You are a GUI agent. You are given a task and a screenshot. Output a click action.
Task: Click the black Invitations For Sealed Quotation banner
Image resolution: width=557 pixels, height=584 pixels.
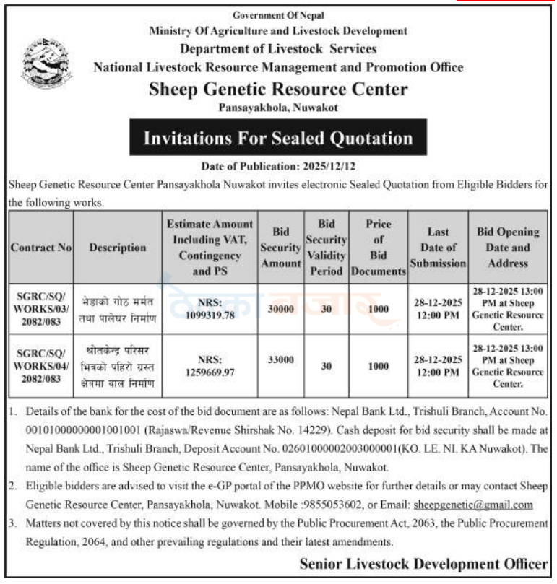coord(278,138)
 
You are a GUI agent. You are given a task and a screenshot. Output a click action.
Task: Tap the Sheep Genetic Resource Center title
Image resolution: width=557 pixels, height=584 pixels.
coord(278,90)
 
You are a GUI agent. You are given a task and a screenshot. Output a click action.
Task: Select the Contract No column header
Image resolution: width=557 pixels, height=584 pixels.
coord(41,248)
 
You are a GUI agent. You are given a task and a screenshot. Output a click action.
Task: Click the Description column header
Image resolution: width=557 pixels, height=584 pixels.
coord(118,248)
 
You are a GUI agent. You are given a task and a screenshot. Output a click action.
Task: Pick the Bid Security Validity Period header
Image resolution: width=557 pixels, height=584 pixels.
coord(326,248)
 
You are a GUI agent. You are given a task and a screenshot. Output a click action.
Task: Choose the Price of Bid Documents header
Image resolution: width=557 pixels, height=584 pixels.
coord(378,248)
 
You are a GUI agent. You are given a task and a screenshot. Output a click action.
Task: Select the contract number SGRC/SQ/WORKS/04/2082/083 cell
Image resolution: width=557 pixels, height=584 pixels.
coord(41,365)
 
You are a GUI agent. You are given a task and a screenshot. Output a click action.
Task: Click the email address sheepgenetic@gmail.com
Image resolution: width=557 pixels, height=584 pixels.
coord(472,505)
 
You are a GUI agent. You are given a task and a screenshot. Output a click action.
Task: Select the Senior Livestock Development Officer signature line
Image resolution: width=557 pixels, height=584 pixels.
coord(423,564)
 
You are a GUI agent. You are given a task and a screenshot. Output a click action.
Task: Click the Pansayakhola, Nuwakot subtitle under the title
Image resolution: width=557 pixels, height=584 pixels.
coord(278,108)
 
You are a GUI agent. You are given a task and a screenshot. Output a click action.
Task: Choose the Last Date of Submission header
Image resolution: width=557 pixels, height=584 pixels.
coord(438,248)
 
